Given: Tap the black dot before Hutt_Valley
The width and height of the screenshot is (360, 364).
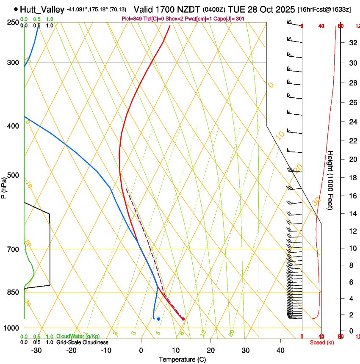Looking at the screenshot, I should [16, 9].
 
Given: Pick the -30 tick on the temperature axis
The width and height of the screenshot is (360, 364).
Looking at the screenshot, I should [36, 350].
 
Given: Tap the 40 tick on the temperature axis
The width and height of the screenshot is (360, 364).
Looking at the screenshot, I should [280, 350].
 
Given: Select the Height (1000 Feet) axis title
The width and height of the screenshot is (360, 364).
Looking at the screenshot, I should [331, 180].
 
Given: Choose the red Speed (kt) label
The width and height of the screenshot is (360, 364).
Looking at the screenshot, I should [322, 342].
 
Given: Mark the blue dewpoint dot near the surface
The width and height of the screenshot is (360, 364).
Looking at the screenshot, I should [158, 319].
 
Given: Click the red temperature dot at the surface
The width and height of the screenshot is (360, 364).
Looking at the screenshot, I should [183, 319].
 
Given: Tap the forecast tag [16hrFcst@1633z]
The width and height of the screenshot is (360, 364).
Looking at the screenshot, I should [324, 9].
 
